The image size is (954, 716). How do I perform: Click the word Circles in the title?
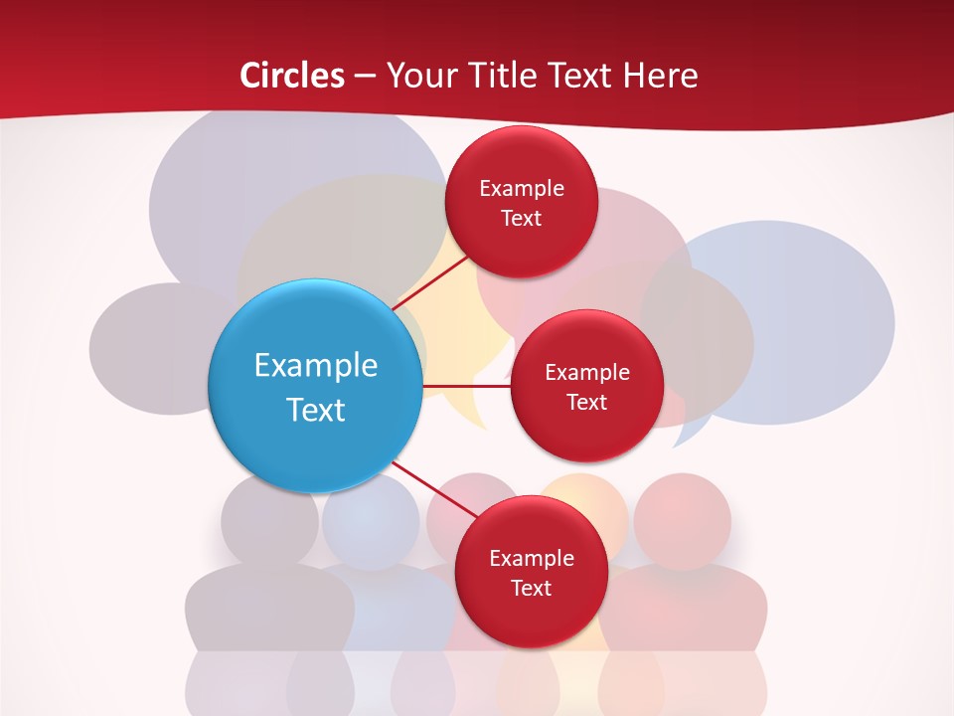[x=291, y=76]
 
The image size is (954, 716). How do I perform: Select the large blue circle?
[x=315, y=386]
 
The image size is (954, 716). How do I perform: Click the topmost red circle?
[x=521, y=202]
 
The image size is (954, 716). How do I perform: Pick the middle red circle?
[x=586, y=386]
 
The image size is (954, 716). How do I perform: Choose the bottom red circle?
[x=531, y=572]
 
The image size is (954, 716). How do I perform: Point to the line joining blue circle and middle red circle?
[x=466, y=386]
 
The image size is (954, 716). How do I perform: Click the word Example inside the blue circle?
[x=315, y=365]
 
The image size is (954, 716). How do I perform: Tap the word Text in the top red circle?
[x=521, y=218]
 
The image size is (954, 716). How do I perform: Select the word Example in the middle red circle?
[x=586, y=372]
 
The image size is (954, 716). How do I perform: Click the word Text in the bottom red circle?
[x=531, y=588]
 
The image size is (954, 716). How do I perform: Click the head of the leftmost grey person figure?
[x=268, y=519]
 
